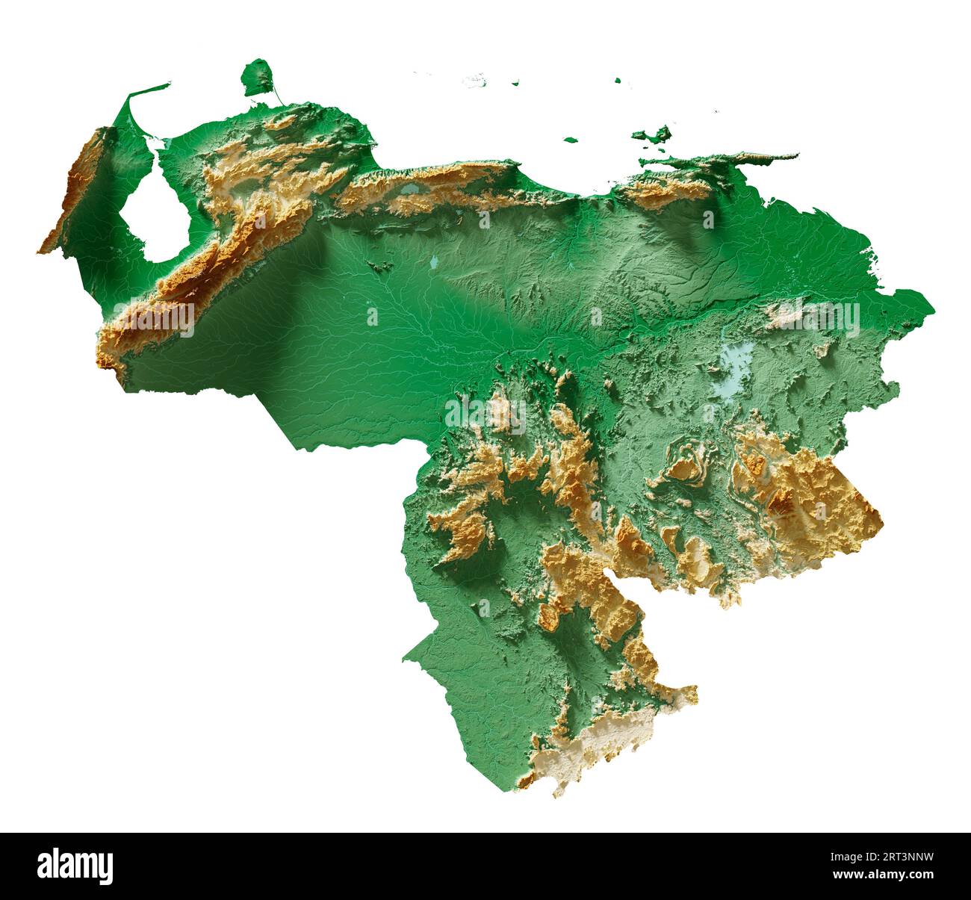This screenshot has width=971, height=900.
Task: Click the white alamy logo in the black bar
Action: [75, 866]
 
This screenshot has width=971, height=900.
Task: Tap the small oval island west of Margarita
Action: [571, 139]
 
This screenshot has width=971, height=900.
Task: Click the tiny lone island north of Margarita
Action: [618, 80]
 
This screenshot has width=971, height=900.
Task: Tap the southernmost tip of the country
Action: [556, 795]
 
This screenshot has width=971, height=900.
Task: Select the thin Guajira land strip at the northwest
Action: [146, 93]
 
